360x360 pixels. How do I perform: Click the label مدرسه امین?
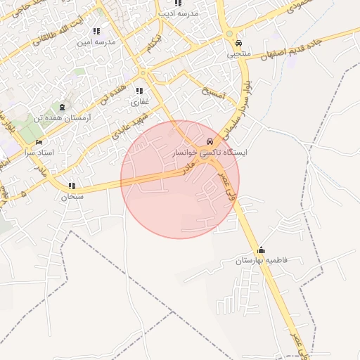point(96,41)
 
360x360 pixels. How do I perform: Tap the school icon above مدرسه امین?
point(96,31)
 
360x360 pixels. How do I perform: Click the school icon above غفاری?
point(139,91)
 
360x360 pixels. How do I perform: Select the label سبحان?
point(72,197)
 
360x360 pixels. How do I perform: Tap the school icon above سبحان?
point(72,186)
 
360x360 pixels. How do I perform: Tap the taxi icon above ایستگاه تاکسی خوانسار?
point(211,141)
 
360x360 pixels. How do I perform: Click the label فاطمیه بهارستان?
point(262,261)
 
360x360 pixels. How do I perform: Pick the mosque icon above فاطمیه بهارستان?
point(262,250)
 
